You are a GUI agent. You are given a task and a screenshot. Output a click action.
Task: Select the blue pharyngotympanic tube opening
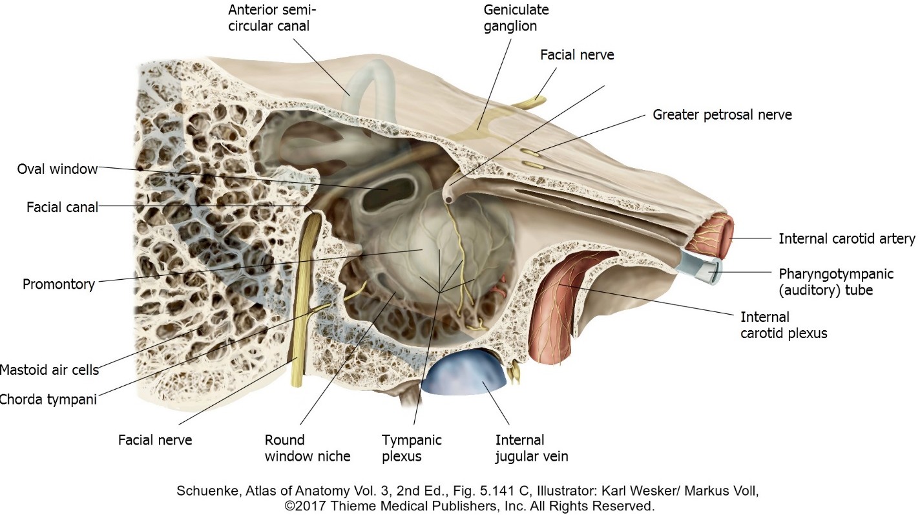click(x=711, y=271)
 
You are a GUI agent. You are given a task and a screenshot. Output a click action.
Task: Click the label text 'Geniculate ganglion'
click(x=510, y=19)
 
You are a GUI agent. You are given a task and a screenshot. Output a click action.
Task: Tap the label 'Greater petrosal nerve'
click(x=722, y=115)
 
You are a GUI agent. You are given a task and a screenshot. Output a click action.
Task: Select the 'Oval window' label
click(x=57, y=169)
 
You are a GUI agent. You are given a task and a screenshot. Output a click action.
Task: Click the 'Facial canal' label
click(x=62, y=207)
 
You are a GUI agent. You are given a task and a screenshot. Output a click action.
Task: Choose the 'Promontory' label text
click(x=59, y=284)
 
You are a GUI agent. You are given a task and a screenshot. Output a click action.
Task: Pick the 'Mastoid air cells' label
click(x=49, y=370)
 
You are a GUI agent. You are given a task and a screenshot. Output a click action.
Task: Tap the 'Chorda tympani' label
click(x=48, y=399)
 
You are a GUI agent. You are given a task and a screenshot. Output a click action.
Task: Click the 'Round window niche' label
click(x=308, y=448)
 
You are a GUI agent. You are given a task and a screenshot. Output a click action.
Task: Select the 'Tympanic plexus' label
click(x=412, y=448)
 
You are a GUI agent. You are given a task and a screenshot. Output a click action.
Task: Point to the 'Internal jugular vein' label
click(x=532, y=448)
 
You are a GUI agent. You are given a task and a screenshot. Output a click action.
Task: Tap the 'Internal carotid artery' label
click(x=846, y=239)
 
